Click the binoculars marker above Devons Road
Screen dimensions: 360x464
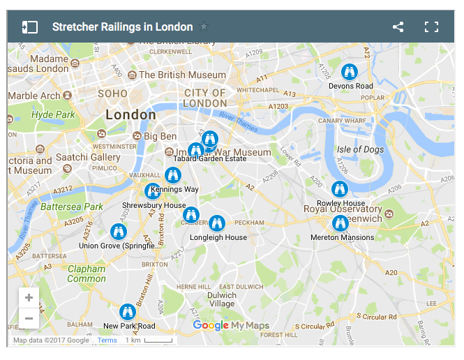tap(350, 72)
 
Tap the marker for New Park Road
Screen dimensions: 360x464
tap(127, 312)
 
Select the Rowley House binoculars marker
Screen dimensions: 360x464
tap(340, 189)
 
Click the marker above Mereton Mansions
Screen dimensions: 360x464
tap(340, 223)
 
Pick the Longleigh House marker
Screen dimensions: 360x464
tap(217, 223)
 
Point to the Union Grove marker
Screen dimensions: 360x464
tap(119, 232)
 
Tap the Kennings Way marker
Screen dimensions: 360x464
tap(173, 175)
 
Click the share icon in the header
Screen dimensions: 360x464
tap(398, 27)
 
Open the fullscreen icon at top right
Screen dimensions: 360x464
tap(432, 27)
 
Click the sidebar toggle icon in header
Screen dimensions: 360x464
tap(29, 27)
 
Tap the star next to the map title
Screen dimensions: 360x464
tap(204, 27)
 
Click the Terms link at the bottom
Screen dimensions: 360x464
tap(107, 340)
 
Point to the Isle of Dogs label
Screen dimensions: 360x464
tap(360, 149)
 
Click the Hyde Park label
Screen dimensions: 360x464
tap(53, 114)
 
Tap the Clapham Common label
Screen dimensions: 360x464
tap(87, 273)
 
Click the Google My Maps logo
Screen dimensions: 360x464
tap(231, 326)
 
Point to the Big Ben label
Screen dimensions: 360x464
tap(160, 136)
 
